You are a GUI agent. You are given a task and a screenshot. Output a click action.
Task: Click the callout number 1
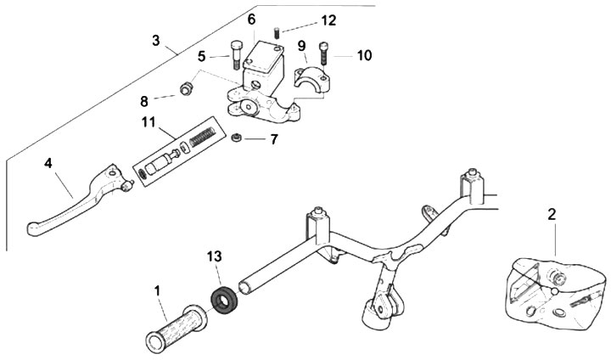pyautogui.click(x=158, y=291)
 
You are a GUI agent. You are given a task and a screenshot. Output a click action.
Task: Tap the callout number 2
pyautogui.click(x=552, y=215)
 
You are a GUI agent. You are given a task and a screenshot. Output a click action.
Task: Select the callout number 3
pyautogui.click(x=156, y=40)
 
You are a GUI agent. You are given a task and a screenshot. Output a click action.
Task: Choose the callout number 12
pyautogui.click(x=305, y=20)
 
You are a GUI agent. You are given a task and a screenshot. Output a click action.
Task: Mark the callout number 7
pyautogui.click(x=273, y=138)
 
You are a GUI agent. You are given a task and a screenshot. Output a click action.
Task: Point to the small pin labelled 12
pyautogui.click(x=277, y=33)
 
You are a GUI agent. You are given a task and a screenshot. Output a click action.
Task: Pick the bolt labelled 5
pyautogui.click(x=236, y=56)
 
